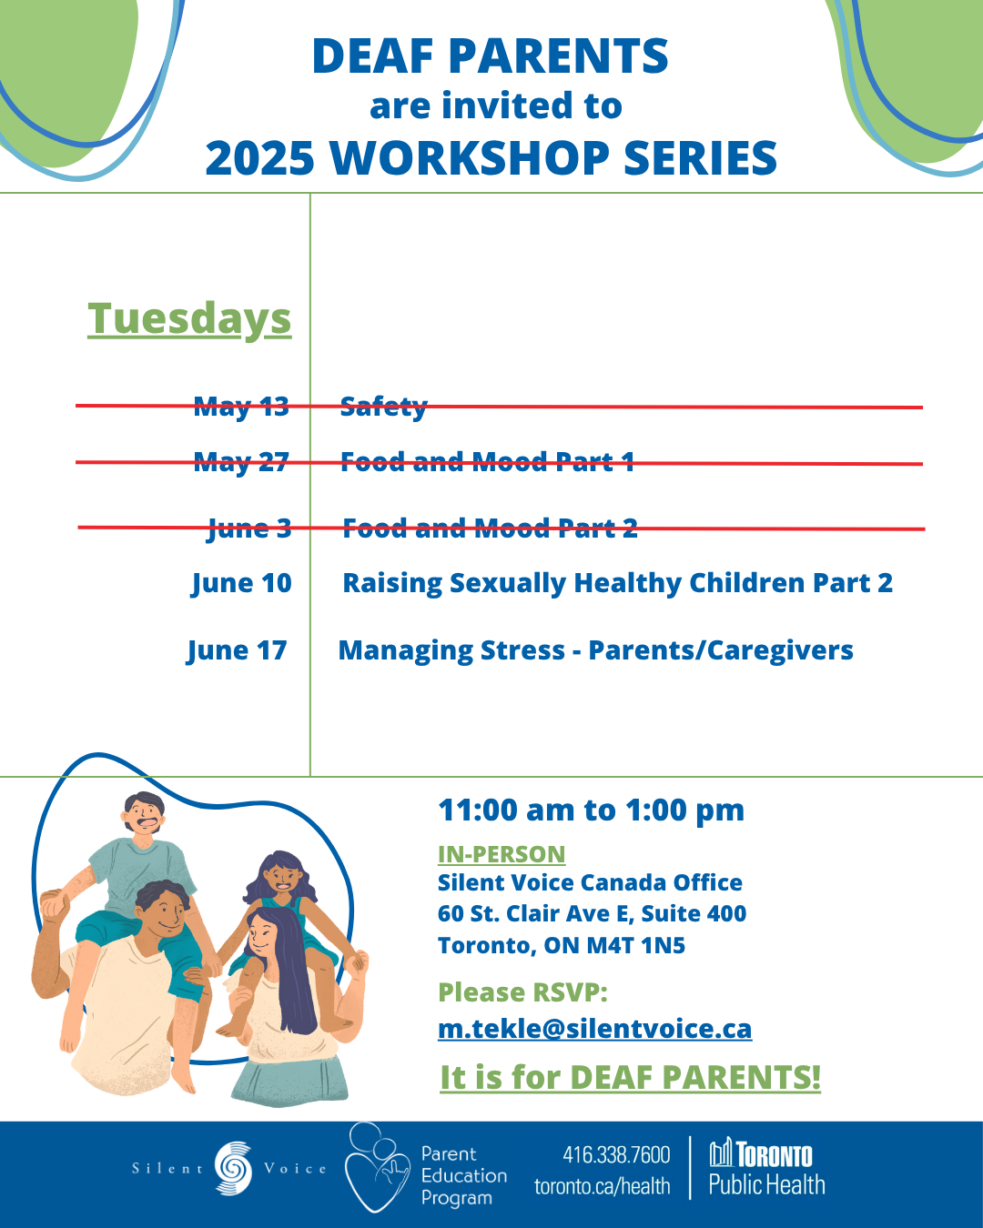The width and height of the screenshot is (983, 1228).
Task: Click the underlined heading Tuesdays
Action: (189, 318)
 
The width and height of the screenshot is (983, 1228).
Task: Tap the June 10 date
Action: (241, 583)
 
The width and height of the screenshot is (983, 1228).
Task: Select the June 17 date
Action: (237, 650)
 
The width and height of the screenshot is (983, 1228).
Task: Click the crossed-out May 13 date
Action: (241, 407)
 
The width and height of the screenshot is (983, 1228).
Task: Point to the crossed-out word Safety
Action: (383, 407)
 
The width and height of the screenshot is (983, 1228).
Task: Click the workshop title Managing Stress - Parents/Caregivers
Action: (596, 650)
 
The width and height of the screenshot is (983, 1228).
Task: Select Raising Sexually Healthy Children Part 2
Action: (617, 583)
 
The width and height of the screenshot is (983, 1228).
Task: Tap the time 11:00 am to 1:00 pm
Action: (592, 810)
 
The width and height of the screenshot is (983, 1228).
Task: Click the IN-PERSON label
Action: (502, 854)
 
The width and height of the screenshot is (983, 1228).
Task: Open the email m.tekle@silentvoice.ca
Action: (594, 1028)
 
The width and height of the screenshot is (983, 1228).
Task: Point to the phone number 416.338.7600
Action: (616, 1154)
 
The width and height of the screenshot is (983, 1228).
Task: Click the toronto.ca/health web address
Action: (602, 1186)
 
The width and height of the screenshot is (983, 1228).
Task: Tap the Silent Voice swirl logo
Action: (233, 1168)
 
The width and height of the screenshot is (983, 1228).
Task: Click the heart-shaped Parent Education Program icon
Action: (377, 1167)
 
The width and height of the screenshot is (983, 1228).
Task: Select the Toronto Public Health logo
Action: (766, 1168)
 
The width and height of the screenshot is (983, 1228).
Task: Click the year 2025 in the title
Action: (260, 158)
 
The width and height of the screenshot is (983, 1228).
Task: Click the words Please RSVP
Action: (522, 992)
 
